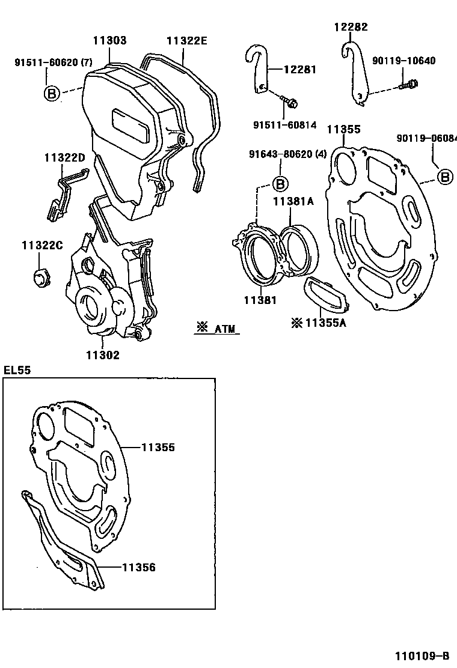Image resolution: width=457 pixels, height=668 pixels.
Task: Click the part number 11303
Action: click(x=109, y=41)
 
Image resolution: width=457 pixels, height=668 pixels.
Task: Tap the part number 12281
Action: click(x=299, y=70)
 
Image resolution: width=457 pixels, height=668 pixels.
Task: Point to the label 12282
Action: click(x=351, y=27)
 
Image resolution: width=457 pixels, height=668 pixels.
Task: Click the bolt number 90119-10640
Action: click(x=403, y=61)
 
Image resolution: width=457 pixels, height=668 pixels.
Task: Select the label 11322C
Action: click(x=43, y=245)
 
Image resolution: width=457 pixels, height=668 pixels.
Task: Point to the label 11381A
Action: click(x=294, y=202)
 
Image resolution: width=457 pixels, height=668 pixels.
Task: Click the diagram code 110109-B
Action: click(x=422, y=655)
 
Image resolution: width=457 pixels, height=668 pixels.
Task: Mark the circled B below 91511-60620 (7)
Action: click(x=52, y=93)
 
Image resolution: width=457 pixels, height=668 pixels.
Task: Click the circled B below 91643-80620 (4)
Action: click(x=280, y=183)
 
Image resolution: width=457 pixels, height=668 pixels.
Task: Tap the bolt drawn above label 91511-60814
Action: click(x=290, y=103)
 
